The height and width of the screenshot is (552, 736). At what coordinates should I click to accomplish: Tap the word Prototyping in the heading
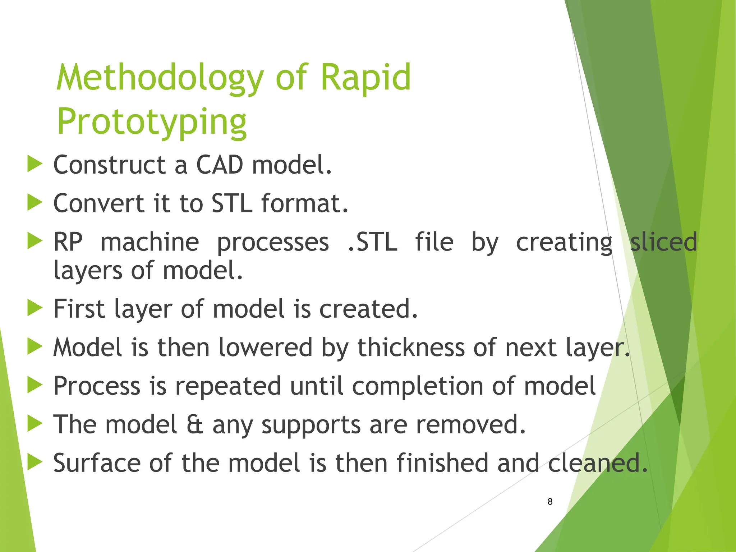(x=152, y=122)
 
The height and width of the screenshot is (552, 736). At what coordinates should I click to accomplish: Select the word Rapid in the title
(x=365, y=78)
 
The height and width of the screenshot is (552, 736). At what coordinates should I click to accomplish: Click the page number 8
(x=550, y=502)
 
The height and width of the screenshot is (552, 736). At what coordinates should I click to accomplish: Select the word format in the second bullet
(x=304, y=203)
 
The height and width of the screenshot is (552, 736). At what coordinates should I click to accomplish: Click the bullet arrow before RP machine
(x=35, y=241)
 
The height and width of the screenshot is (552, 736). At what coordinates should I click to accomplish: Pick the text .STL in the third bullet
(x=373, y=242)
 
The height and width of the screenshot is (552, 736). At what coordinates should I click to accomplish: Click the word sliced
(x=663, y=242)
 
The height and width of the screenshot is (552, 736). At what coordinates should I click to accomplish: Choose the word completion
(x=418, y=386)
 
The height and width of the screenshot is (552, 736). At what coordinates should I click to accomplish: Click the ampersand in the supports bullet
(x=195, y=425)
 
